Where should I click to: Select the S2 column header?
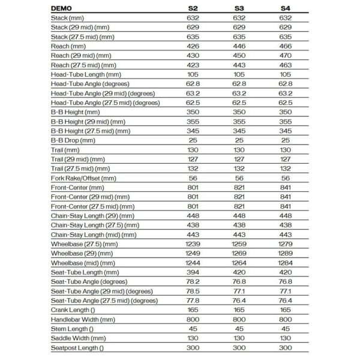point(193,9)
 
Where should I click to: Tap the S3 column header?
point(239,9)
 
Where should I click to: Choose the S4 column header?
point(286,9)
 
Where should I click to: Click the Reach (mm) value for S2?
point(193,46)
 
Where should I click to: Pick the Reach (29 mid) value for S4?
point(286,55)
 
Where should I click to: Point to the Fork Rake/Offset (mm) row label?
point(83,178)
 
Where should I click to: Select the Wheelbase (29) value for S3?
point(239,253)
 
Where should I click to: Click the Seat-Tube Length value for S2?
point(193,272)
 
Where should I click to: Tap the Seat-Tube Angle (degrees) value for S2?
point(193,281)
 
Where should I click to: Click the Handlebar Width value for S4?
point(286,319)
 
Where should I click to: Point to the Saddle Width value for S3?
point(239,338)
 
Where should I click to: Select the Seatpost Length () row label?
point(77,347)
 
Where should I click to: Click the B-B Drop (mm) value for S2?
point(193,140)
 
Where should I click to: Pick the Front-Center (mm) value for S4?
point(286,187)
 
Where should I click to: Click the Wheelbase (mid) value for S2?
point(193,263)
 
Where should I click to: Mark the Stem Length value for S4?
point(286,329)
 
